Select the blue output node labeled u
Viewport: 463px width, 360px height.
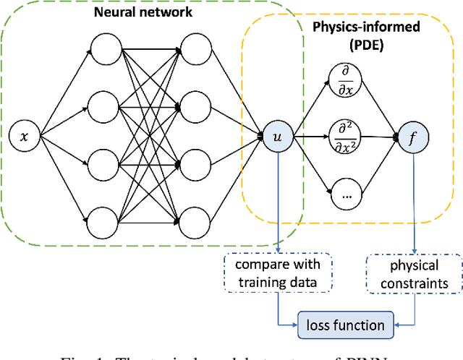pyautogui.click(x=276, y=135)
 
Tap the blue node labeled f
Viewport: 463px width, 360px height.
pyautogui.click(x=413, y=135)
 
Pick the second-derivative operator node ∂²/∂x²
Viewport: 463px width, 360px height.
pyautogui.click(x=344, y=135)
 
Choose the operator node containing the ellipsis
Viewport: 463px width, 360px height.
pyautogui.click(x=344, y=194)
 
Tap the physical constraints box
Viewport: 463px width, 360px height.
pyautogui.click(x=412, y=274)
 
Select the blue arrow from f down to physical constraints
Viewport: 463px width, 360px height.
pyautogui.click(x=413, y=202)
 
